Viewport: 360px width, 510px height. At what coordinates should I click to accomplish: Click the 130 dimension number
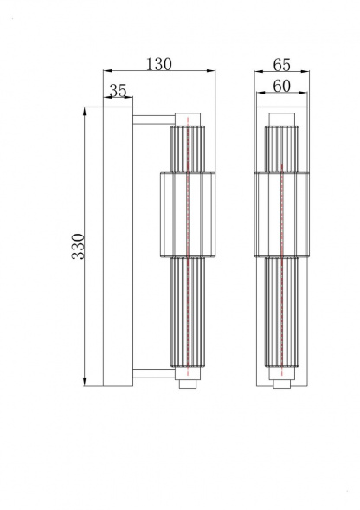pyautogui.click(x=159, y=63)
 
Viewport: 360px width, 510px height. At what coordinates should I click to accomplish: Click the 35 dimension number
pyautogui.click(x=119, y=90)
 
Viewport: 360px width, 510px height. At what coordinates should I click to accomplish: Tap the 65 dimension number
pyautogui.click(x=280, y=63)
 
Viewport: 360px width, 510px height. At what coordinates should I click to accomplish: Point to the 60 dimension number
pyautogui.click(x=280, y=85)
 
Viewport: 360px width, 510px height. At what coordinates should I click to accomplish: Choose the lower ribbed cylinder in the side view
pyautogui.click(x=188, y=316)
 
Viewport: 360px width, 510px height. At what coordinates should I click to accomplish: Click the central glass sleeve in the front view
pyautogui.click(x=281, y=215)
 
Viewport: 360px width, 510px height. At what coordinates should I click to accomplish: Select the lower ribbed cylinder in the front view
pyautogui.click(x=281, y=316)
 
